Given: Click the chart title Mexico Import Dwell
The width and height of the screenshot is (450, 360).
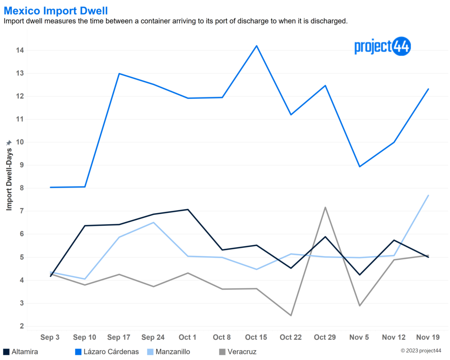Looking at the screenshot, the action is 56,11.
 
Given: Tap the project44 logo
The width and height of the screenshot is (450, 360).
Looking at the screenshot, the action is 383,46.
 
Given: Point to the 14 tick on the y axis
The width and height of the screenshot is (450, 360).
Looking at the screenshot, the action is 20,50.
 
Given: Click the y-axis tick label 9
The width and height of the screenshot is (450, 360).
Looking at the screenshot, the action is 22,165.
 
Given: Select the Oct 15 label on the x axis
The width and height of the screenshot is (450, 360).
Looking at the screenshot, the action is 256,337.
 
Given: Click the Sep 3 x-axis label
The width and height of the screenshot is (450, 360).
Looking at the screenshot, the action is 50,337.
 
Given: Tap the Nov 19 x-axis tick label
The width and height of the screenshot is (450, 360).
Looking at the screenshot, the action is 428,337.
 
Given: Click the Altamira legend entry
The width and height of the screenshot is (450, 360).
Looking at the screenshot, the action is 21,352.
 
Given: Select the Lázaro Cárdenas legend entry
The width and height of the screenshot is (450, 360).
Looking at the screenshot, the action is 107,352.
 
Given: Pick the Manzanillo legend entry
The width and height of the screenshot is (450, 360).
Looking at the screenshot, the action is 168,352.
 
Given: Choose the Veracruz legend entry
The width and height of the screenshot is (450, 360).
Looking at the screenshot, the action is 238,352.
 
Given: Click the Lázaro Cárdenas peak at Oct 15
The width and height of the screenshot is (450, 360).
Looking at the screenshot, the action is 257,46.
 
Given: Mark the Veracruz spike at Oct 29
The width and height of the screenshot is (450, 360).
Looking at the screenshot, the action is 325,207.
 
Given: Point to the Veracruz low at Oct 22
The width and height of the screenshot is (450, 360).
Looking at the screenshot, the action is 291,315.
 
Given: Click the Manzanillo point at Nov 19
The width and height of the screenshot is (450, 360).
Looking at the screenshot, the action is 428,195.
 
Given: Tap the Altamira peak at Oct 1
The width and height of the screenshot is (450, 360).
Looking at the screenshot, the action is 188,210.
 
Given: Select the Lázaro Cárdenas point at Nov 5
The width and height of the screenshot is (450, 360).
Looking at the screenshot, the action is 359,167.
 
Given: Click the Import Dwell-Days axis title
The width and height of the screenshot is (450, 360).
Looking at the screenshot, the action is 9,179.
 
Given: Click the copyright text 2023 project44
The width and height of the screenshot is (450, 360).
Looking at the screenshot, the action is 421,350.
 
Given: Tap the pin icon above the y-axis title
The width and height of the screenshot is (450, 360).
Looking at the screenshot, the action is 9,143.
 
